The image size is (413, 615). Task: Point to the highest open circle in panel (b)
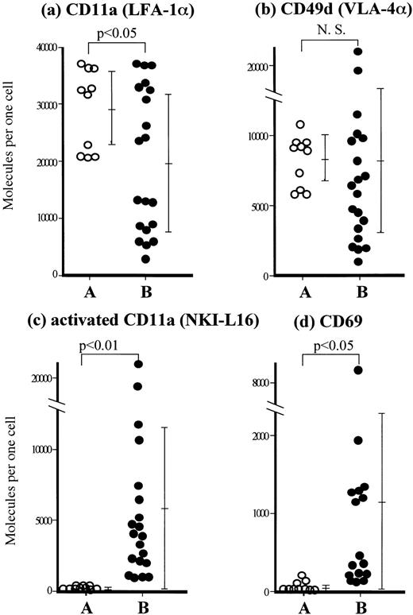click(299, 125)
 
